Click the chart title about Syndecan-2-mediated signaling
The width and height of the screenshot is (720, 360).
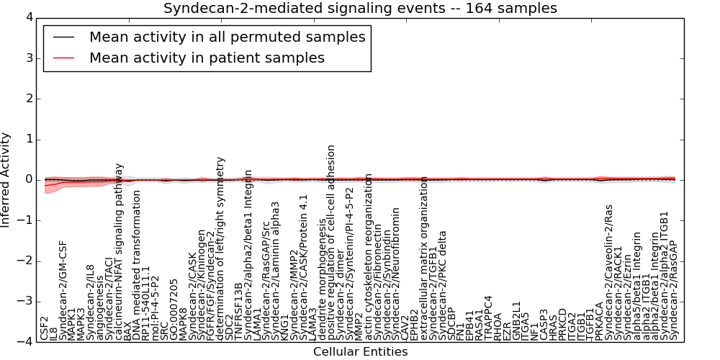click(360, 9)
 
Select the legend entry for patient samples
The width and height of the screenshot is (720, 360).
click(207, 58)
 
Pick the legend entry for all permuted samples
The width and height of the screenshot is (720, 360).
click(227, 37)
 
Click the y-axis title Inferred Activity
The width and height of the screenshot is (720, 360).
click(6, 180)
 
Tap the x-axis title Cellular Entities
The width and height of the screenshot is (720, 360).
click(360, 351)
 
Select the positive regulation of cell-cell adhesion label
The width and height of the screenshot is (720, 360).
click(331, 242)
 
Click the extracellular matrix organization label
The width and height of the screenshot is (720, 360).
click(424, 257)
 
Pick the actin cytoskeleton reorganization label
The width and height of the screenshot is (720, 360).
click(369, 256)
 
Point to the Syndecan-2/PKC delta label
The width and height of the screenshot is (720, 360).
click(442, 285)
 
